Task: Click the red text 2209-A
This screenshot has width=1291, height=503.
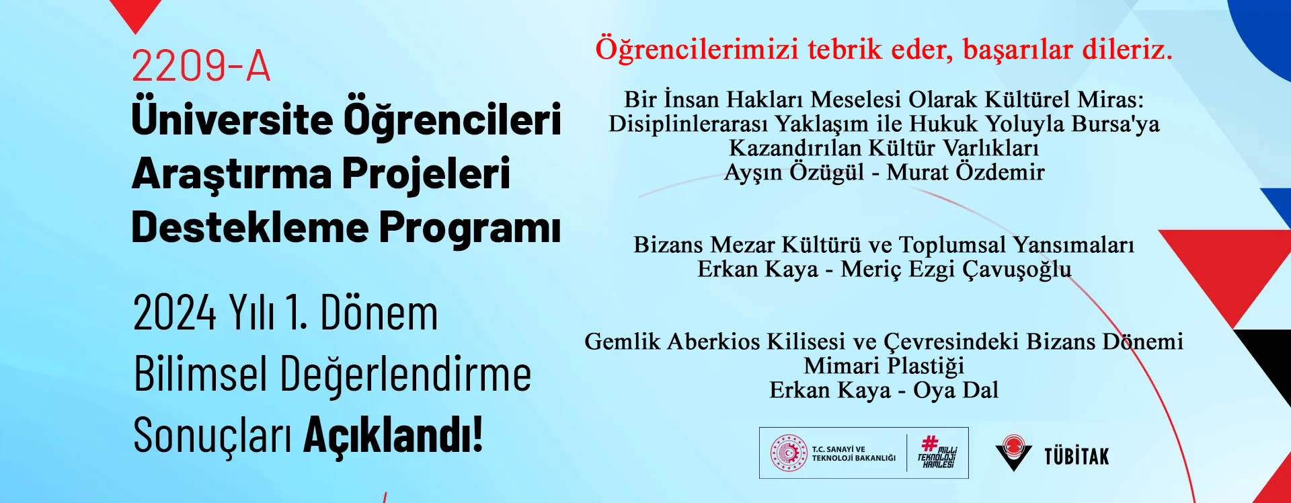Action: coord(201,66)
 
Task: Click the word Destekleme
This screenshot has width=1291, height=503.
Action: coord(249,227)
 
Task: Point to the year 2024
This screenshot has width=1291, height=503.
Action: coord(175,313)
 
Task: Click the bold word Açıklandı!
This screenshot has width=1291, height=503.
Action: coord(393,434)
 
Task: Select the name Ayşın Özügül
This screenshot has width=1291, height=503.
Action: coord(793,172)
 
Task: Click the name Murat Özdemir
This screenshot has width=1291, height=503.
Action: coord(966,171)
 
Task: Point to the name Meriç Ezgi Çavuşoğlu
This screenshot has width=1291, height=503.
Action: coord(956,269)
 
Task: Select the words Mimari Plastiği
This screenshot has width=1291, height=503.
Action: coord(884,366)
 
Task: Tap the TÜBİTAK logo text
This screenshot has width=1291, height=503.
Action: coord(1076,457)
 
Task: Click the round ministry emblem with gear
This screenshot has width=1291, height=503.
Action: coord(789,453)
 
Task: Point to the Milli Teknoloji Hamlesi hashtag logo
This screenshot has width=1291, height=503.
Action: coord(937,453)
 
